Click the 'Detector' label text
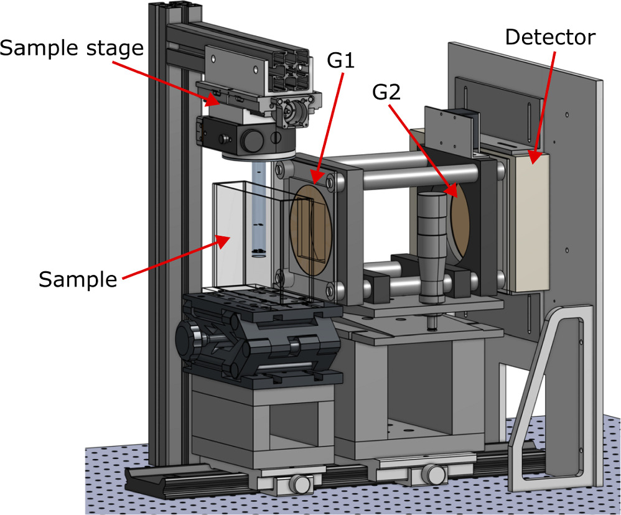click(x=549, y=37)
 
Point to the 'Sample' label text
click(x=78, y=279)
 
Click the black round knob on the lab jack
click(x=187, y=339)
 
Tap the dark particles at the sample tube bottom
click(x=258, y=252)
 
